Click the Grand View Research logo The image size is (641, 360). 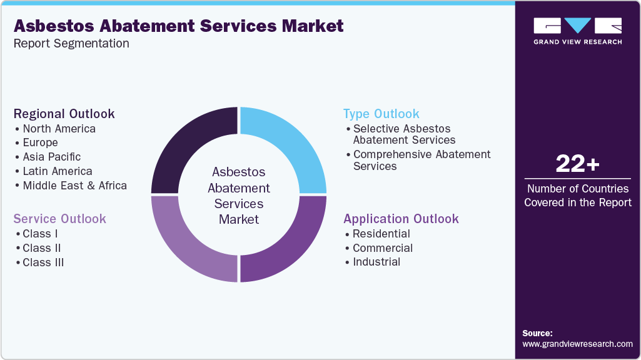point(577,31)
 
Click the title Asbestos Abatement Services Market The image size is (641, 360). point(178,26)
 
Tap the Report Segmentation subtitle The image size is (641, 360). point(71,44)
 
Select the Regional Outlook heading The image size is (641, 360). point(64,114)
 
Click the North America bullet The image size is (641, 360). point(59,129)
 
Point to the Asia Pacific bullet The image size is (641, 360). point(51,157)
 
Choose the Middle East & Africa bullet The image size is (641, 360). point(74,186)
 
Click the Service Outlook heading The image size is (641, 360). point(60,219)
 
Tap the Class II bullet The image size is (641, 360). point(41,248)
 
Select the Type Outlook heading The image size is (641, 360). point(381,114)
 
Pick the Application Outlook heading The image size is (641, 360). point(401,219)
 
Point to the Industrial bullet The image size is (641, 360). point(376,262)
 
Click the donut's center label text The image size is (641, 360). point(239,196)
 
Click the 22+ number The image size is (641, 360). point(577,164)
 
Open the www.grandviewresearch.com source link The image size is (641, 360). point(577,344)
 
